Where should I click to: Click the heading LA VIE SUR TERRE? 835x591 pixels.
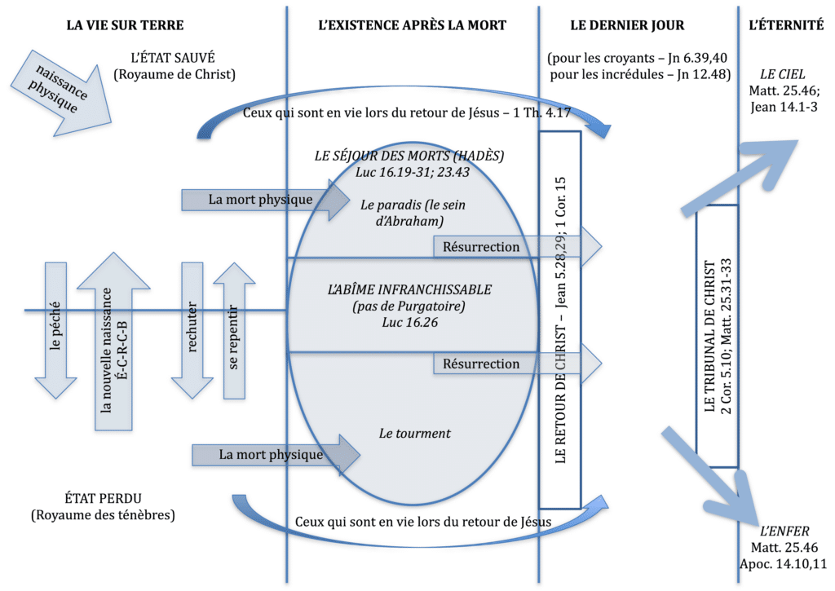(x=125, y=25)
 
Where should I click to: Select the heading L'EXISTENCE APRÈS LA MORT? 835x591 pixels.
(x=412, y=25)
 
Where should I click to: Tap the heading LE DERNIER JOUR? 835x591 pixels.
(x=627, y=25)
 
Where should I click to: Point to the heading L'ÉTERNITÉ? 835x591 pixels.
(x=785, y=25)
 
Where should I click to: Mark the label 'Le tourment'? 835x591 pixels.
(x=414, y=434)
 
